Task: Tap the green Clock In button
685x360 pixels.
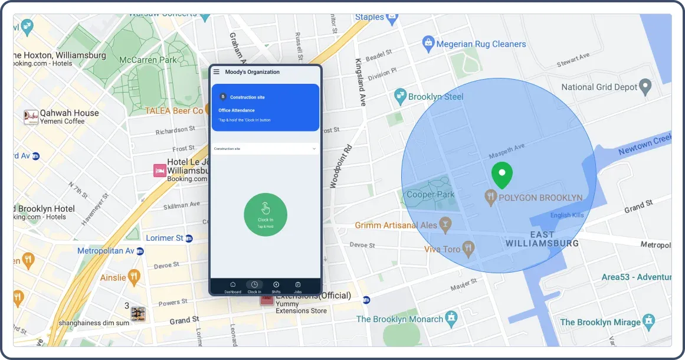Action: [266, 214]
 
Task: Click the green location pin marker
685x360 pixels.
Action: [502, 175]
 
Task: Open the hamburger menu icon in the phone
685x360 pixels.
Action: [217, 72]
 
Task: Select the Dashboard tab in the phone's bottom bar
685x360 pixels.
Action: [232, 287]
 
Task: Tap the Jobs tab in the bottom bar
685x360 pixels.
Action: [298, 287]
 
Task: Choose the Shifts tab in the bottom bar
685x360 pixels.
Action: [276, 287]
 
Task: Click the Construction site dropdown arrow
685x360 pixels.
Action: [314, 149]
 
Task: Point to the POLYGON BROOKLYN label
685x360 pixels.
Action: [540, 198]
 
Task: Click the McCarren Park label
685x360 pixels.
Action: [148, 60]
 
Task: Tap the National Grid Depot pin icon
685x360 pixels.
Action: [646, 87]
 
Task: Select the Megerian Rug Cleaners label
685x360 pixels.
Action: [481, 44]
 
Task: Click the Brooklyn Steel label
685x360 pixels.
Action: [436, 96]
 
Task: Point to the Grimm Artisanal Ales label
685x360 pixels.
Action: [396, 225]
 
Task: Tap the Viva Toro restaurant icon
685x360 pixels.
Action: [469, 248]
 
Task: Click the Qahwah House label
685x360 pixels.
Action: [69, 113]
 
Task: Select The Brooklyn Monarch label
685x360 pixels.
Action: [399, 319]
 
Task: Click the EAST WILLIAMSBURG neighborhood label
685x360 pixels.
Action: [542, 239]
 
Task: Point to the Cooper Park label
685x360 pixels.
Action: [431, 194]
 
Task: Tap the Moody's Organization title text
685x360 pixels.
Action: [253, 72]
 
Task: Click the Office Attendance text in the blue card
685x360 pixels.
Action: [237, 110]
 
